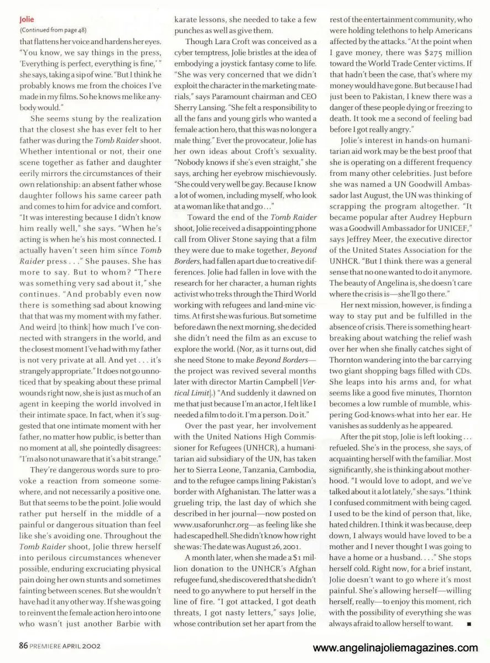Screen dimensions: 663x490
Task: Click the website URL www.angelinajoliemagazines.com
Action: click(x=395, y=648)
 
